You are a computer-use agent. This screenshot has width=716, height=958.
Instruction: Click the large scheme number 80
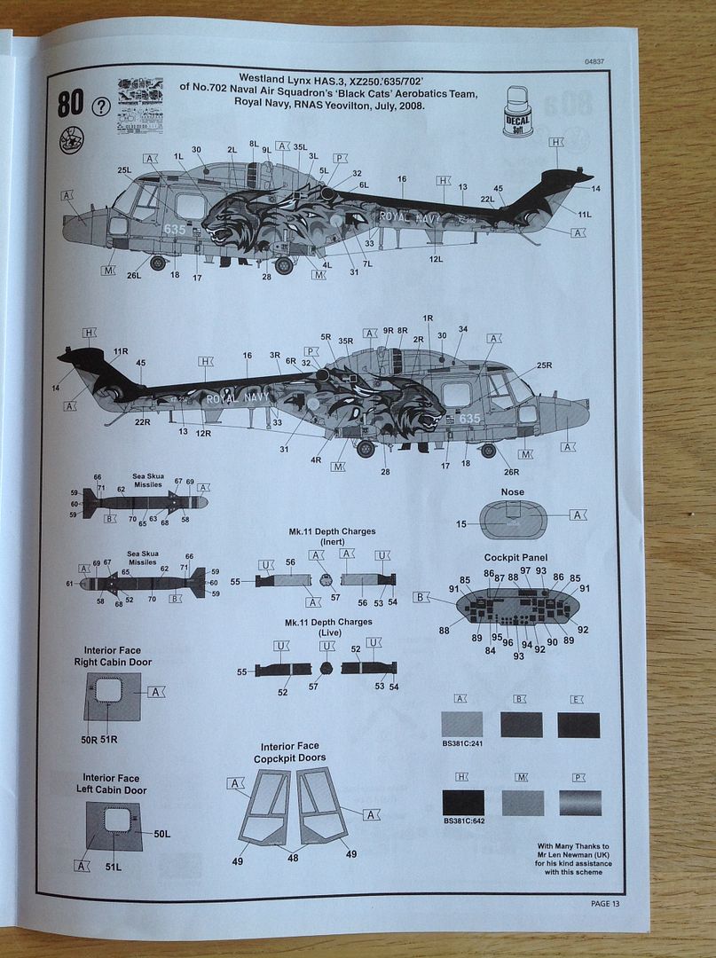click(71, 105)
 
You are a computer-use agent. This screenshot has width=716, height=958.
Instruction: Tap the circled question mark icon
click(101, 109)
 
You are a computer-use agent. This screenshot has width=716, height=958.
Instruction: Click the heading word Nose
click(513, 492)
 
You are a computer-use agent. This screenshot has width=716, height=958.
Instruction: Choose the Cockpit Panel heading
click(515, 557)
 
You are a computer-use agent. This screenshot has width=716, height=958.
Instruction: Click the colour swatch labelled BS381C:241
click(462, 725)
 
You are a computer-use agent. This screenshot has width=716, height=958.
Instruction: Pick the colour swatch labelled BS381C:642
click(462, 803)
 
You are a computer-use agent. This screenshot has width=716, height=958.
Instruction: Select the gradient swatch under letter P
click(579, 803)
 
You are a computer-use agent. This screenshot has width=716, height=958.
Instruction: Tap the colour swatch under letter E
click(579, 725)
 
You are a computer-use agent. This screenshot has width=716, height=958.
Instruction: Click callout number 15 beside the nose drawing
click(460, 525)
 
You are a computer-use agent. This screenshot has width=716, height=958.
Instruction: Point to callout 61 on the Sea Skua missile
click(70, 584)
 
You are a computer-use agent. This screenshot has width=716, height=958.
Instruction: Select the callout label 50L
click(161, 834)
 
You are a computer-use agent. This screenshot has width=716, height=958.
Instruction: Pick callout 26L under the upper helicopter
click(134, 275)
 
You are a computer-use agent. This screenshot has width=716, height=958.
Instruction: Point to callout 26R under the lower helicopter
click(511, 471)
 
